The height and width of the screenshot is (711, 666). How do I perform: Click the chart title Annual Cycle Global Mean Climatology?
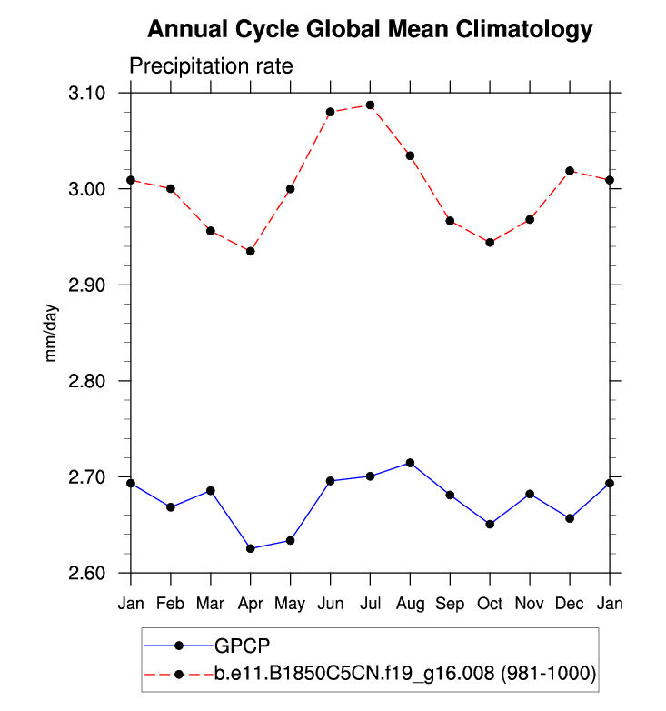(x=369, y=30)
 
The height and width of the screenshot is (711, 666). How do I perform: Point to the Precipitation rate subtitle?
(x=211, y=66)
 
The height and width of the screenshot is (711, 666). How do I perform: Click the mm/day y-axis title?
(x=52, y=333)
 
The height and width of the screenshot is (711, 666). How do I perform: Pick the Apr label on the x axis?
(x=250, y=603)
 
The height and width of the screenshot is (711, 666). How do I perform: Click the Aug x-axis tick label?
(x=410, y=603)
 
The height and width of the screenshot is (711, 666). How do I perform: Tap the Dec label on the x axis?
(x=570, y=603)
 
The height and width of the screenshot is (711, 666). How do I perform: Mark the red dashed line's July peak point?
(x=370, y=105)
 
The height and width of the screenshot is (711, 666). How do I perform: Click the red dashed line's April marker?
(x=250, y=251)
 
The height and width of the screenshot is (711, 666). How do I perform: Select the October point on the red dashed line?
(x=490, y=243)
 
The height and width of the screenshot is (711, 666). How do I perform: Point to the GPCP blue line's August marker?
(x=410, y=463)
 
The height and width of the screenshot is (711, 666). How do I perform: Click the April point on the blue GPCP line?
(x=250, y=548)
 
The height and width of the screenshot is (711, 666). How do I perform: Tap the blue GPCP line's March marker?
(x=211, y=491)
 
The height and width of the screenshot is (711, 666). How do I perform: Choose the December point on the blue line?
(x=570, y=518)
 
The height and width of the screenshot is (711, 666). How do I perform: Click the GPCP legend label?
(x=243, y=646)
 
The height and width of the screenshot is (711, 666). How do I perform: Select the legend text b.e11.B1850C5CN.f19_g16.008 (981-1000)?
(x=404, y=674)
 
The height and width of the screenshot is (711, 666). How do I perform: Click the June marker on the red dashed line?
(x=330, y=112)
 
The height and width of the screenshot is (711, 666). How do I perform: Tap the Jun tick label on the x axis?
(x=330, y=603)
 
